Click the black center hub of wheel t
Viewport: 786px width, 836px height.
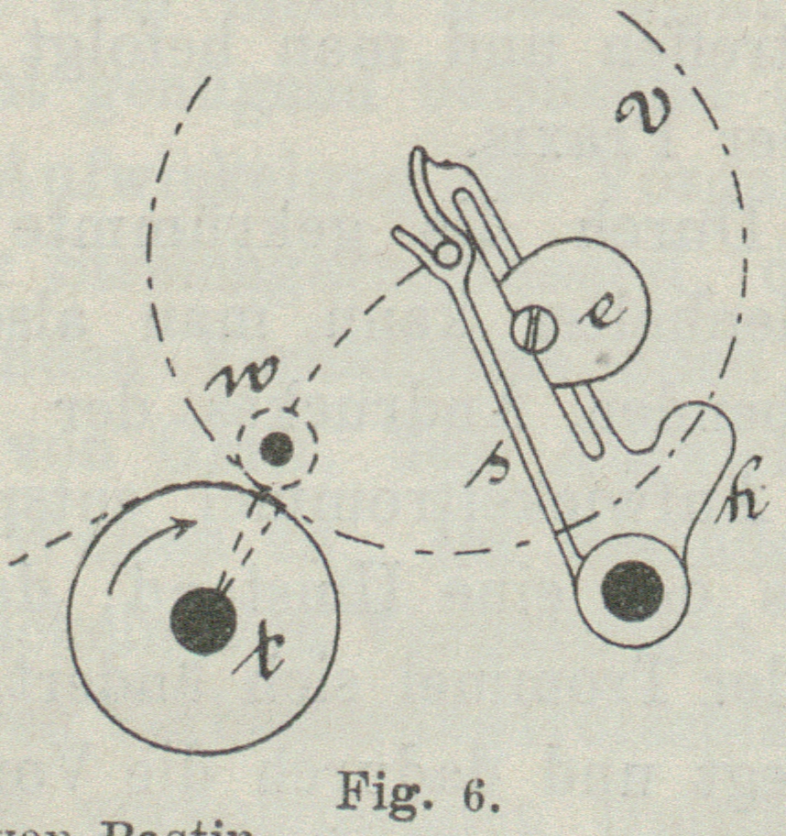203,621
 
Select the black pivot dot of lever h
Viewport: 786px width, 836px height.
634,591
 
